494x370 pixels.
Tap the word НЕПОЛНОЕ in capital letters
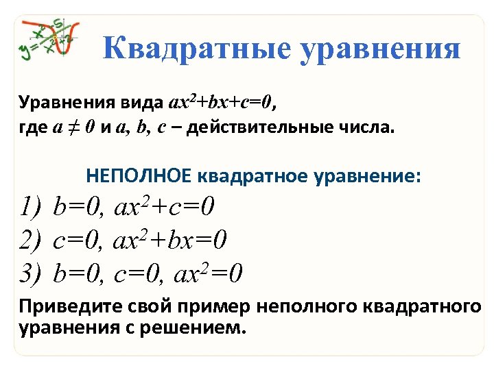point(138,177)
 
